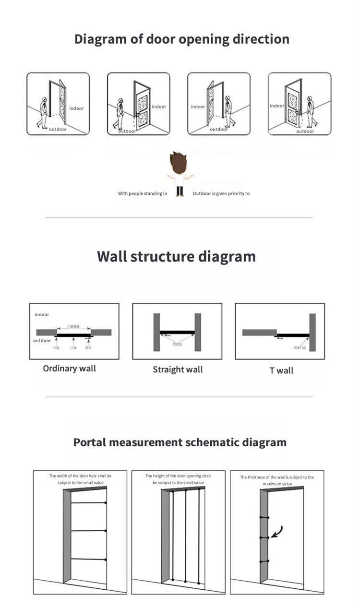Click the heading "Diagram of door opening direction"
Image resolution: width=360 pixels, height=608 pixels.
[181, 39]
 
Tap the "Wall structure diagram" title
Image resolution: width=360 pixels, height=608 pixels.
[176, 256]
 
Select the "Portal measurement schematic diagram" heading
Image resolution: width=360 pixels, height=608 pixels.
[180, 442]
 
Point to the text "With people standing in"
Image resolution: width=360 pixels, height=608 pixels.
[143, 194]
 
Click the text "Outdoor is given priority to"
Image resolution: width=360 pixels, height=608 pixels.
[221, 194]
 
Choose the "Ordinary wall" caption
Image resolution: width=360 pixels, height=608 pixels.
[69, 369]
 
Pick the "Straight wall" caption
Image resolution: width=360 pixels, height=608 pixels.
[178, 370]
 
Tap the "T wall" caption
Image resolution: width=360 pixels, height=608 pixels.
[281, 370]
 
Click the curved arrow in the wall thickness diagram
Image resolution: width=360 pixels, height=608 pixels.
[276, 531]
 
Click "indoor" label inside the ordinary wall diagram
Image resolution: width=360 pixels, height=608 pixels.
[42, 315]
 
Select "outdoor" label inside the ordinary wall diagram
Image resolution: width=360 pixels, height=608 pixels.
[42, 341]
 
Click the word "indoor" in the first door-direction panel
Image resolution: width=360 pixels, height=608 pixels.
[76, 108]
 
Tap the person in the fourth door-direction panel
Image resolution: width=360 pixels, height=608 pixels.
[310, 111]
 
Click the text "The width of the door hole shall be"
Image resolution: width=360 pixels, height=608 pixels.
[81, 476]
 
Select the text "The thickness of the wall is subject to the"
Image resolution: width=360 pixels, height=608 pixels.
[277, 477]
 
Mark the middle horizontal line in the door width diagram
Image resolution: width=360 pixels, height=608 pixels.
[88, 531]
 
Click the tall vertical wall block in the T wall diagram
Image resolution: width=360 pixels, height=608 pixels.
[312, 332]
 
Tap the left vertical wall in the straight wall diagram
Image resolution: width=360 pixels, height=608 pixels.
[156, 332]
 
